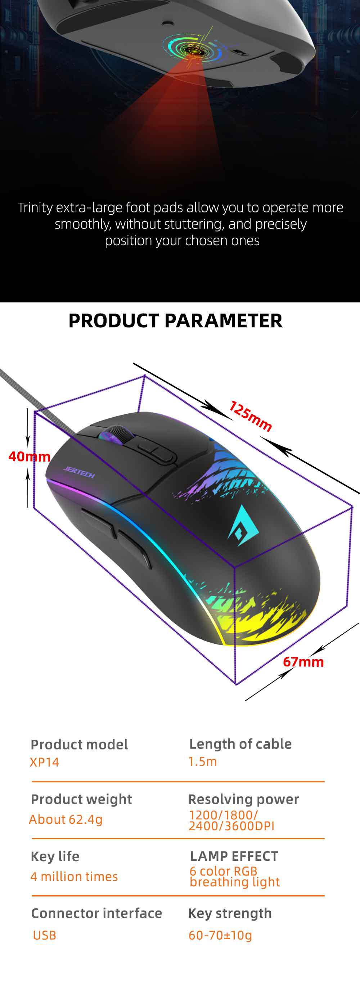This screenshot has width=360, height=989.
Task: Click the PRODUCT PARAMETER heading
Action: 175,321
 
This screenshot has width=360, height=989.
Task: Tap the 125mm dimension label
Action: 250,416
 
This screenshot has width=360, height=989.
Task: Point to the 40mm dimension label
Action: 29,456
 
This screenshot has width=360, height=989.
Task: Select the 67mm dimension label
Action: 303,661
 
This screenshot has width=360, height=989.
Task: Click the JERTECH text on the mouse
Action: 79,472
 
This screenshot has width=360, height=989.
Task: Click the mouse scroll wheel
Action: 115,435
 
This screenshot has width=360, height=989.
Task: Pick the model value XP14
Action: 45,762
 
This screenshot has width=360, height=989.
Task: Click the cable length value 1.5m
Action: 202,761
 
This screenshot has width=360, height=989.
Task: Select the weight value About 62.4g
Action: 66,819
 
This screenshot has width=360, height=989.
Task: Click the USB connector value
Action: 45,935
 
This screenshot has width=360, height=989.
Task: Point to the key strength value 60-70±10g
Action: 220,935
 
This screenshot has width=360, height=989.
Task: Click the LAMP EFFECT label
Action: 234,856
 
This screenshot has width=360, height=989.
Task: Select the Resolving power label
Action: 243,799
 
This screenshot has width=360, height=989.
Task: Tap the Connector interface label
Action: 96,913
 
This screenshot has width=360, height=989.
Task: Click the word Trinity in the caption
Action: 35,207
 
